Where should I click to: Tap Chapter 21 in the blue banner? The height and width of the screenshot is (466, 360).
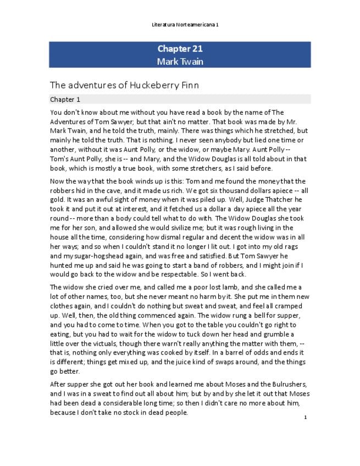180,49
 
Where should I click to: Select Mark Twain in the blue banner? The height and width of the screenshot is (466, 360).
180,61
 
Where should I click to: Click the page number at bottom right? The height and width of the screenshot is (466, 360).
306,417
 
